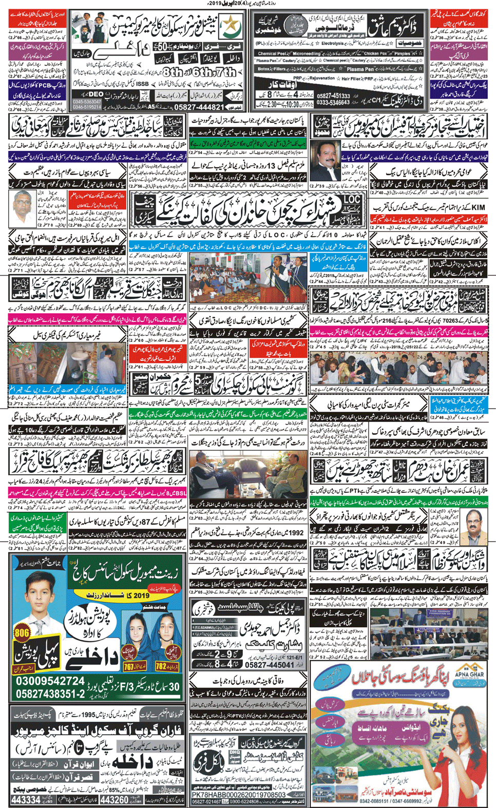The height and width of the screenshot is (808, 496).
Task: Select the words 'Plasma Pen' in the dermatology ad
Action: (x=360, y=69)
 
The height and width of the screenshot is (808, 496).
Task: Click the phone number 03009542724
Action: (x=50, y=681)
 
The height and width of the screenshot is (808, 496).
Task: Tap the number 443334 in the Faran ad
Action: (x=26, y=800)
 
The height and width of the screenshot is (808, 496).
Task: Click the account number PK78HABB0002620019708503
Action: (x=238, y=795)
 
